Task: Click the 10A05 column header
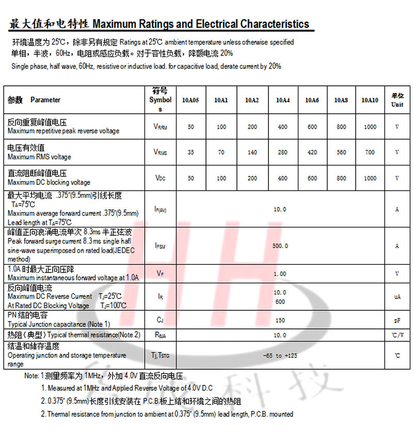[x=190, y=100]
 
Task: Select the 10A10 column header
[x=370, y=100]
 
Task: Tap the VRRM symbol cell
[x=161, y=127]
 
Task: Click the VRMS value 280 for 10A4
[x=282, y=153]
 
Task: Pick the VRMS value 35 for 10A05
[x=191, y=153]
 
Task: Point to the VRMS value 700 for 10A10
[x=370, y=153]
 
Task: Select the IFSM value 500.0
[x=280, y=246]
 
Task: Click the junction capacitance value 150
[x=280, y=321]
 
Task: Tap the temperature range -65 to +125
[x=280, y=356]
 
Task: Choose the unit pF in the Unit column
[x=396, y=321]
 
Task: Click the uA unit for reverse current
[x=396, y=297]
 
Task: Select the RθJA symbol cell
[x=160, y=335]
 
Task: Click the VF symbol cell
[x=160, y=274]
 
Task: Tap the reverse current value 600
[x=280, y=301]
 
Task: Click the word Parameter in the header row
[x=45, y=100]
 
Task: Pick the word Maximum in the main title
[x=114, y=24]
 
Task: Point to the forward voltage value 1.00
[x=280, y=274]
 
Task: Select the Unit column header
[x=397, y=100]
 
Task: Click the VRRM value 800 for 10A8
[x=341, y=127]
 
